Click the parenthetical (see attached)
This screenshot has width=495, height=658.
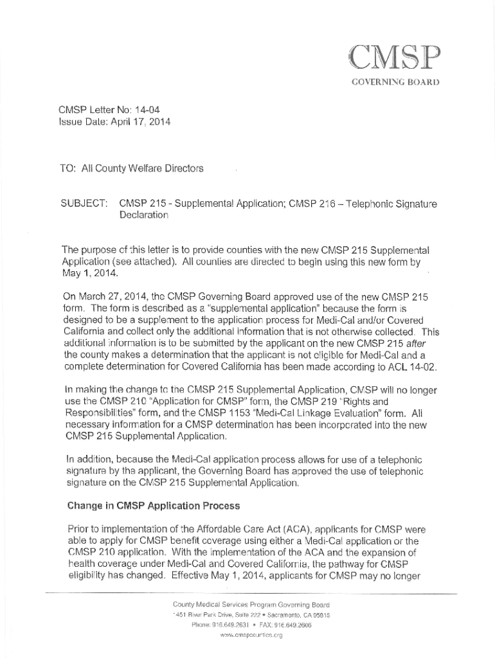coord(140,262)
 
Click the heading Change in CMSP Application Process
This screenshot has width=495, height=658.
coord(154,506)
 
